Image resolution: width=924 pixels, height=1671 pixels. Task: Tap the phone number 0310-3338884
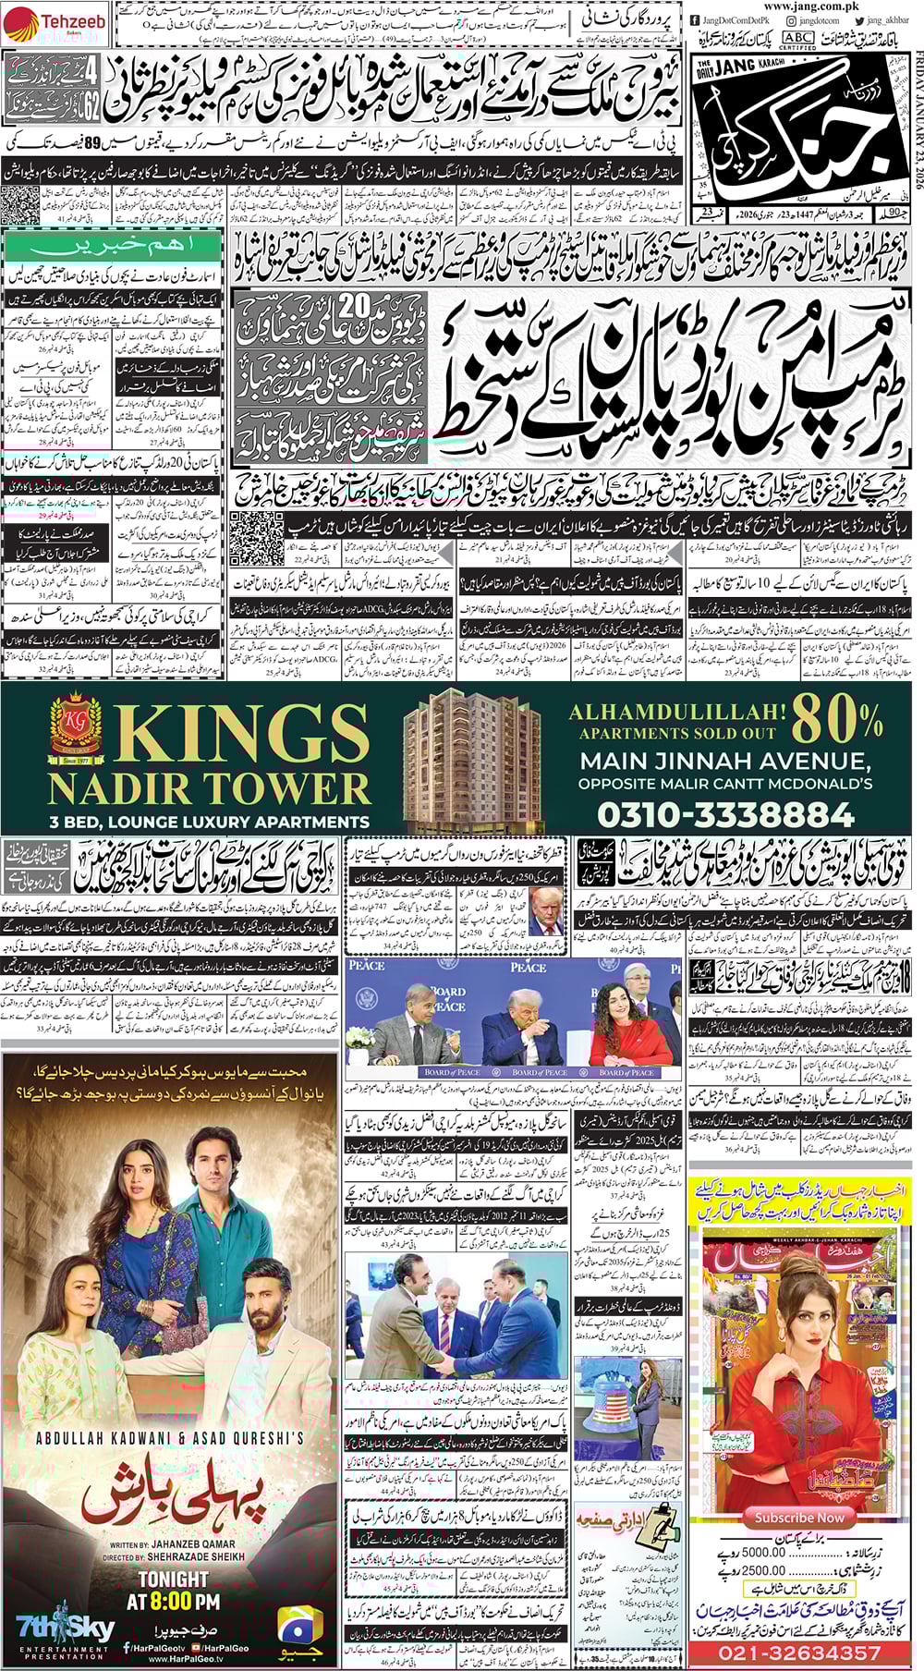[725, 813]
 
